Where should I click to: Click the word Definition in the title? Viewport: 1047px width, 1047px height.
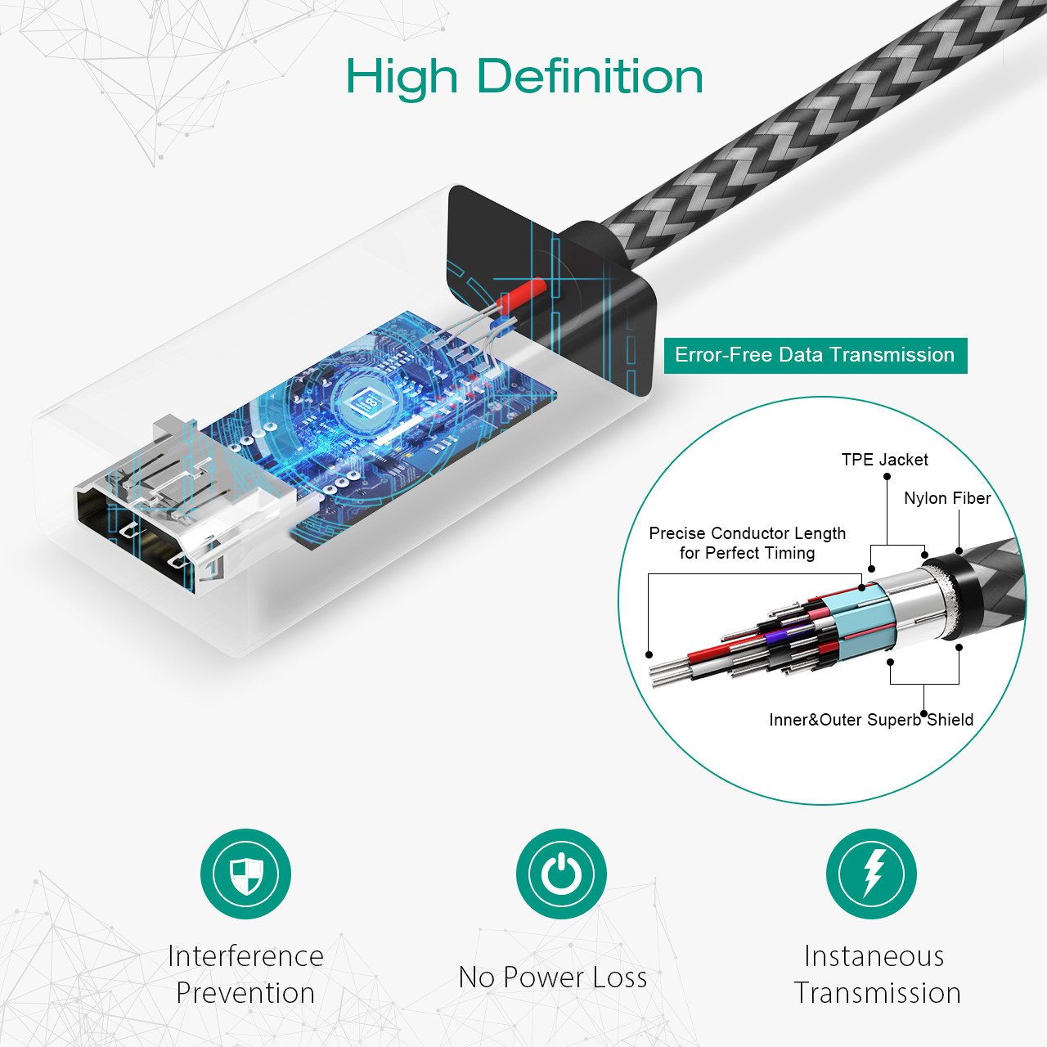(589, 76)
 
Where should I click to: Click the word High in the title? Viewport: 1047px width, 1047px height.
(402, 78)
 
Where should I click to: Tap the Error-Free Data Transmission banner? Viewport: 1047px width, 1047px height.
(815, 355)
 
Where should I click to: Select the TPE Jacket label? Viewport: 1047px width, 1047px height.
(884, 460)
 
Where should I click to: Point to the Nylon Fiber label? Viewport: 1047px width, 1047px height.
(946, 498)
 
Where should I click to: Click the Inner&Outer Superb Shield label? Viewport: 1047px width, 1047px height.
(870, 720)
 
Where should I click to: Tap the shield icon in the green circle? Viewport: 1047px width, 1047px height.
(245, 874)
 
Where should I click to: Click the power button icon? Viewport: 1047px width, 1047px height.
(560, 874)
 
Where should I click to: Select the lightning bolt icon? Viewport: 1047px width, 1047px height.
(871, 874)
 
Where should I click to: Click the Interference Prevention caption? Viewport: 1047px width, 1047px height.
(245, 974)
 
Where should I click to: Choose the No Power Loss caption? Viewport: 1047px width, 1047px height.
(552, 977)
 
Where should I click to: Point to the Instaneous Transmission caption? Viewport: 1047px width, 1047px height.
(876, 974)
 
